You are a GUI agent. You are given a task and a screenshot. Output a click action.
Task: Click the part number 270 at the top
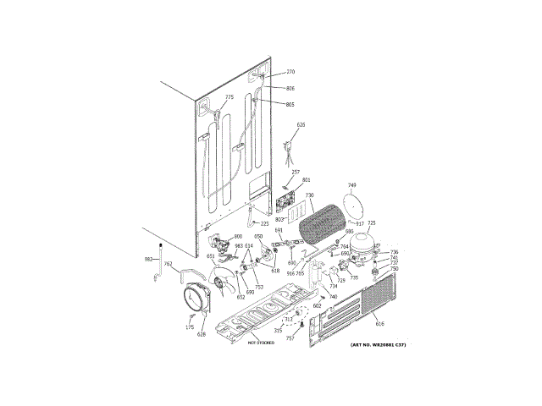290,72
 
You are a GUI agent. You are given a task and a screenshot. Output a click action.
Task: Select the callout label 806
290,88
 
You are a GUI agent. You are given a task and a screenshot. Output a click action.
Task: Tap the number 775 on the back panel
229,98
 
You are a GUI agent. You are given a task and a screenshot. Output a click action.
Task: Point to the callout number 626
300,124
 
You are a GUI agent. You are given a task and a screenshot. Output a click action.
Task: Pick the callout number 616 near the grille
379,324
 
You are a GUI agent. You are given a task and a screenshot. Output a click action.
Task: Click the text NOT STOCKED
263,343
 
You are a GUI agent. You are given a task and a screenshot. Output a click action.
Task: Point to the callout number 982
147,259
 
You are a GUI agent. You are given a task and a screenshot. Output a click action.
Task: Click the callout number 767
168,265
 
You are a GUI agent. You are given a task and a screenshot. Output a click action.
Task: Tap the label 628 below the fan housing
202,335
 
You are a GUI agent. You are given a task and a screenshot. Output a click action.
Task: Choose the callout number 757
290,338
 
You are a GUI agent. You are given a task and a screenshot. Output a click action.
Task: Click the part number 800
238,236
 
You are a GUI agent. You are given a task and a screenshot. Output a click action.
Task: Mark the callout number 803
278,219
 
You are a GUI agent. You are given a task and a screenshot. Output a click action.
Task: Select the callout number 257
296,172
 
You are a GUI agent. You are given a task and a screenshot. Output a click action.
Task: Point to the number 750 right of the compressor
394,268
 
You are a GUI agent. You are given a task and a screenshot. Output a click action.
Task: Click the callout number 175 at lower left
190,326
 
